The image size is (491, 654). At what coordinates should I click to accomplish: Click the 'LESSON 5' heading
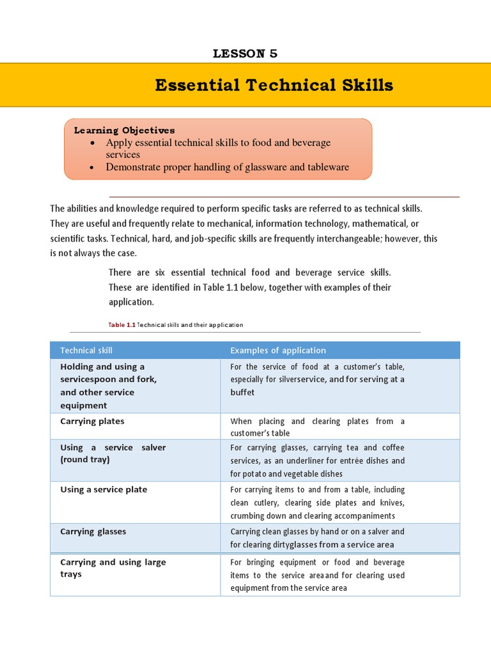pyautogui.click(x=245, y=54)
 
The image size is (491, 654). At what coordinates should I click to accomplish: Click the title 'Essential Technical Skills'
pyautogui.click(x=274, y=85)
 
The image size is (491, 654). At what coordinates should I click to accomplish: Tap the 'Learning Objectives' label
pyautogui.click(x=124, y=130)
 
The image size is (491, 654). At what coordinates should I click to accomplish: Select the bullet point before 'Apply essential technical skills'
pyautogui.click(x=94, y=143)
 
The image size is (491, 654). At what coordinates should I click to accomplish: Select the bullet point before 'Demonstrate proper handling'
pyautogui.click(x=94, y=167)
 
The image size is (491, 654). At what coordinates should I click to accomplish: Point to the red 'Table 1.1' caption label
pyautogui.click(x=122, y=325)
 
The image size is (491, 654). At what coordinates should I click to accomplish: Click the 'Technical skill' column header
pyautogui.click(x=86, y=350)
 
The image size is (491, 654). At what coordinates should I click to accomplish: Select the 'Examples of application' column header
pyautogui.click(x=277, y=350)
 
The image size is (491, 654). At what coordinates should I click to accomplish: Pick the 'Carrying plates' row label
pyautogui.click(x=92, y=422)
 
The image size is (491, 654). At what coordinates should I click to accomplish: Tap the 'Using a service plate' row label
pyautogui.click(x=104, y=490)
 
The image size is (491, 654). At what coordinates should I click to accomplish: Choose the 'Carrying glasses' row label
pyautogui.click(x=93, y=531)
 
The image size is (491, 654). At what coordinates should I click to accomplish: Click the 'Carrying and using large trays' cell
pyautogui.click(x=113, y=568)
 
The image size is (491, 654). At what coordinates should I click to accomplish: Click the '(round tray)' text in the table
pyautogui.click(x=85, y=460)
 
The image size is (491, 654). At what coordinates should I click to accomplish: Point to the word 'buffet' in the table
pyautogui.click(x=242, y=392)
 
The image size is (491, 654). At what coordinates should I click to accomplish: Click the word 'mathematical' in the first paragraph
pyautogui.click(x=379, y=224)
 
